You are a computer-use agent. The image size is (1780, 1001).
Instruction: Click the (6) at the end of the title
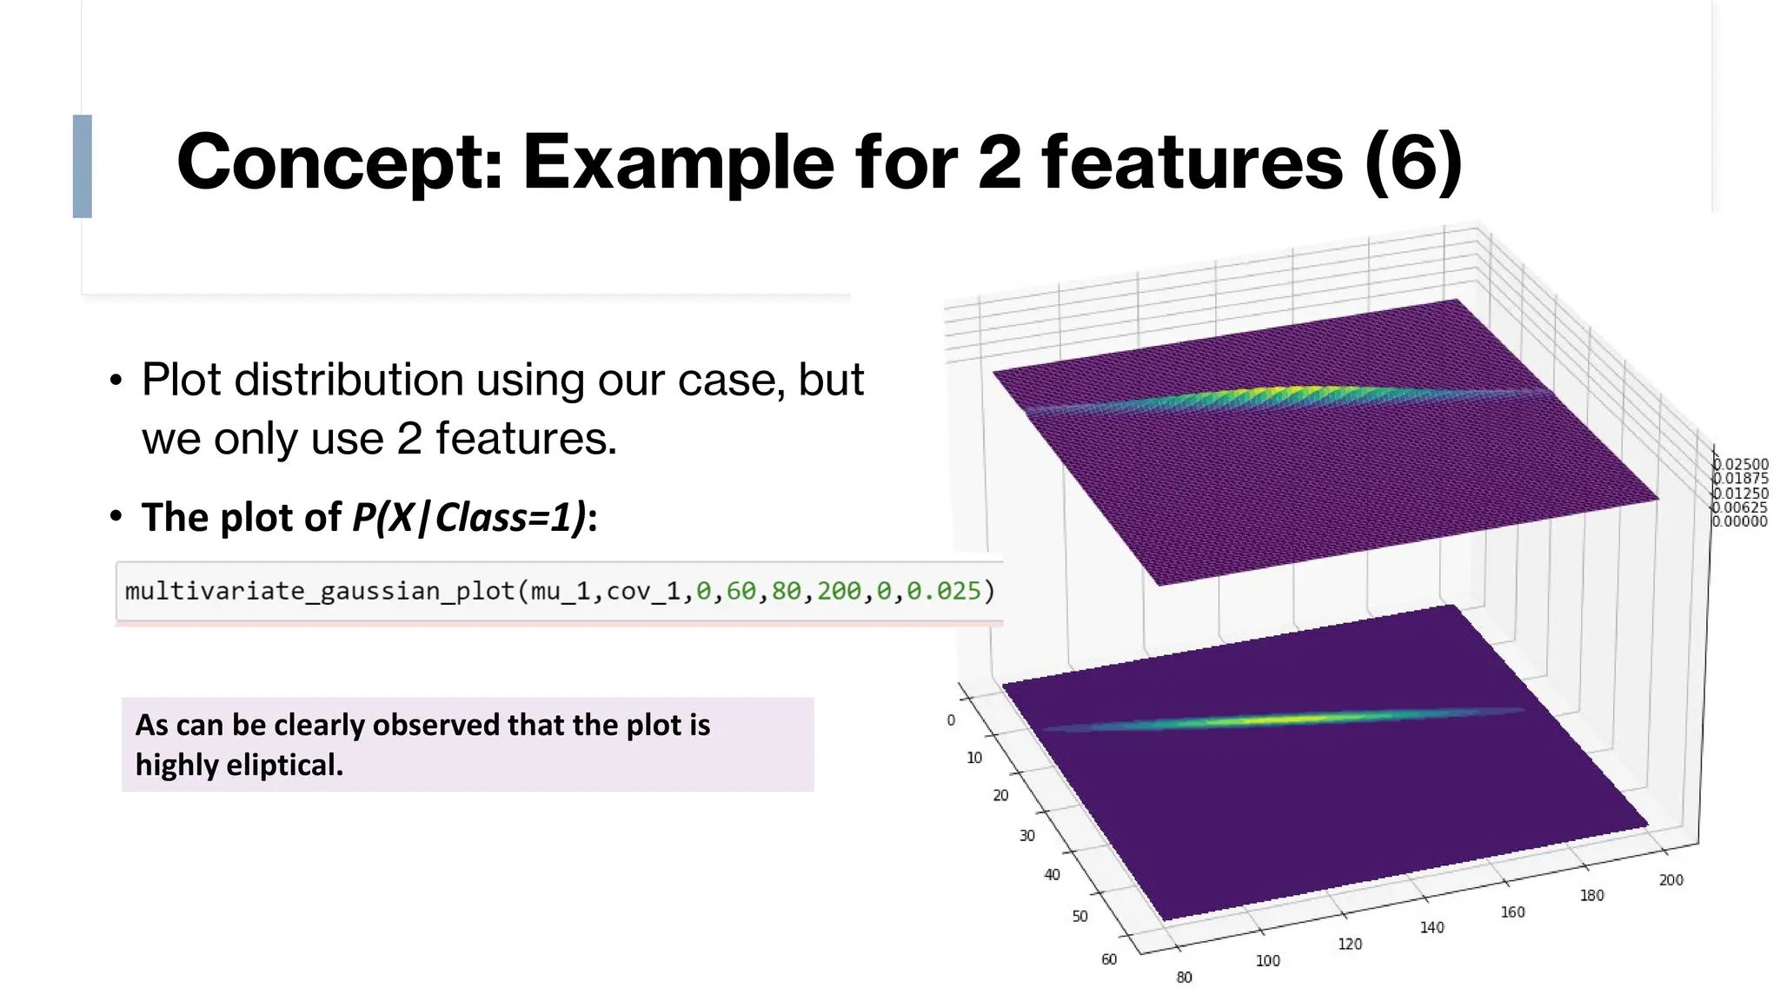pos(1413,162)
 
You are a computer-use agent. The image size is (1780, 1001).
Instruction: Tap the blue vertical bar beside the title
pos(83,166)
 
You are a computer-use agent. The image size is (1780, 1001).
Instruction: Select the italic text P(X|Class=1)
pos(469,518)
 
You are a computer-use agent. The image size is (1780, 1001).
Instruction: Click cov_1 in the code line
pos(643,592)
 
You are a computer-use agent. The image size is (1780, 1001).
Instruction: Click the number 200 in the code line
pos(839,592)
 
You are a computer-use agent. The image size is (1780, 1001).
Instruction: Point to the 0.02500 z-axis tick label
pos(1741,465)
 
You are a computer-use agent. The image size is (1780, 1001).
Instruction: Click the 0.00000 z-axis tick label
pos(1740,521)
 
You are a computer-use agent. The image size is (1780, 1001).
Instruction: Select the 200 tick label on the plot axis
pos(1670,880)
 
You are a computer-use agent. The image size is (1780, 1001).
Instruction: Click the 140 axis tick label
pos(1431,928)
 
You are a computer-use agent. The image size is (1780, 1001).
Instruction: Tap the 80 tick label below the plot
pos(1184,978)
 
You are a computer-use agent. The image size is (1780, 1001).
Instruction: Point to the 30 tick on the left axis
pos(1026,836)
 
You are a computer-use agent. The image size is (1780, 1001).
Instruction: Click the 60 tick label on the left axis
pos(1109,959)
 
